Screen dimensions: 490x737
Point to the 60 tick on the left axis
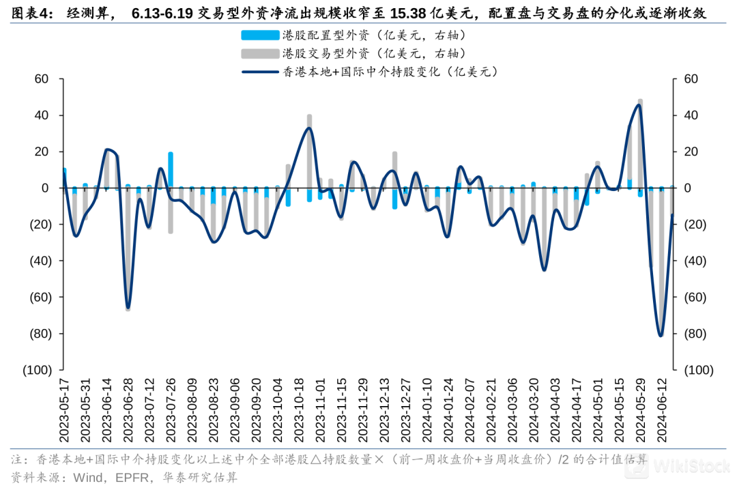tap(41, 79)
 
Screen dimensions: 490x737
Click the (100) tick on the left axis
tap(35, 370)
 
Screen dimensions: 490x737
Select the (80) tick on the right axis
tap(692, 334)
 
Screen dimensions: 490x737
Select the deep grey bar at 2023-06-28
tap(128, 253)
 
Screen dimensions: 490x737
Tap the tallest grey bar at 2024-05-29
tap(640, 143)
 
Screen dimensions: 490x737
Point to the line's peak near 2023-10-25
tap(309, 128)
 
